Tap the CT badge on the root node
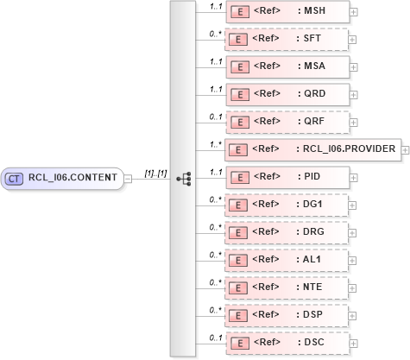point(14,179)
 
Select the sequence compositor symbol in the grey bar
point(183,179)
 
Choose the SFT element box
point(287,39)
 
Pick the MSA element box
point(287,66)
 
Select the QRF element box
point(287,122)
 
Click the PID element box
point(287,177)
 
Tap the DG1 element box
point(287,205)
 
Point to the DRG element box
point(287,232)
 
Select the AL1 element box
point(287,260)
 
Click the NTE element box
point(287,287)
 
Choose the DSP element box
point(287,315)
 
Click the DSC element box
point(287,343)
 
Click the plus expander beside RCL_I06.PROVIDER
point(406,150)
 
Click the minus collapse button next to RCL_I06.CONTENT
point(128,179)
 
